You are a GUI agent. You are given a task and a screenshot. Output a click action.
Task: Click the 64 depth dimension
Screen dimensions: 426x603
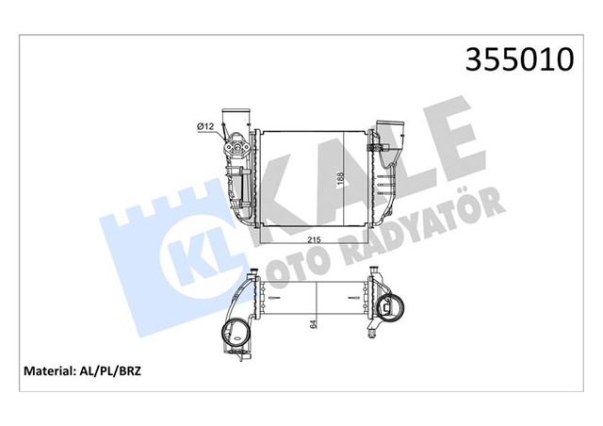coord(312,326)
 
